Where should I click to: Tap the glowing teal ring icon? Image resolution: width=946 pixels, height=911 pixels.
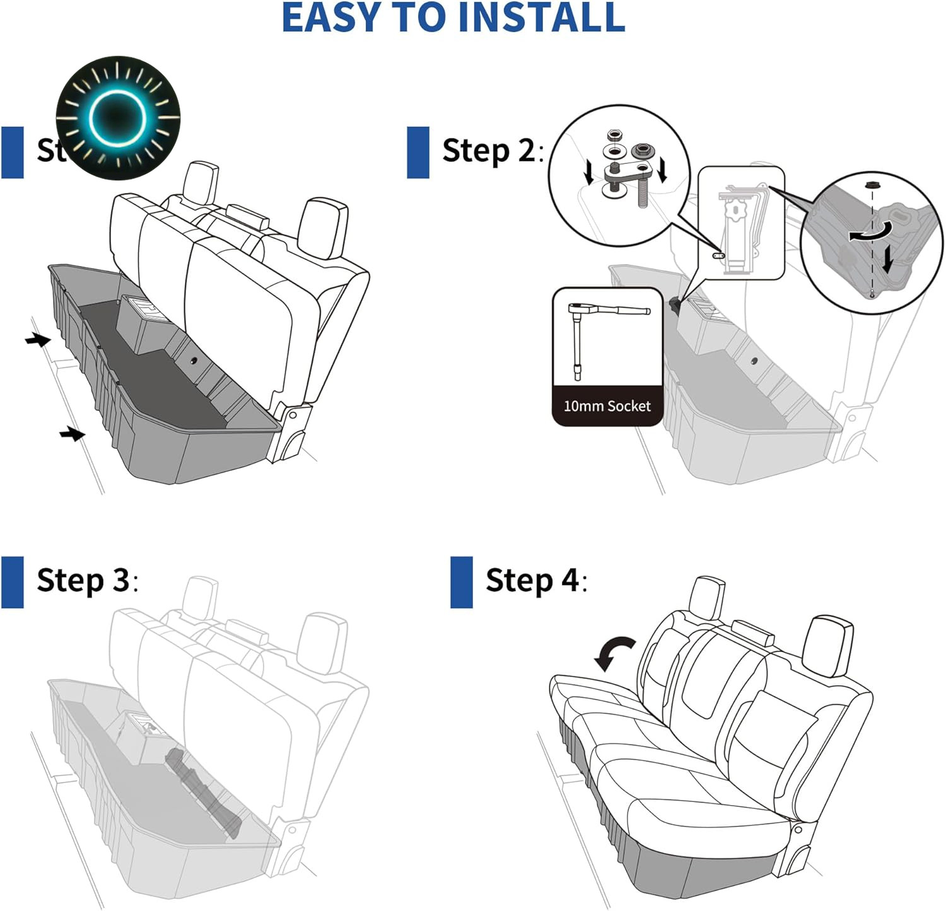coord(118,117)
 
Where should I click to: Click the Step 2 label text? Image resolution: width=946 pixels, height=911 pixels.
coord(492,151)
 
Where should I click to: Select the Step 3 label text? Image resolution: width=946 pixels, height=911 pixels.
coord(86,580)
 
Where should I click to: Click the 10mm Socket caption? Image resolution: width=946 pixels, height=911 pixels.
coord(607,406)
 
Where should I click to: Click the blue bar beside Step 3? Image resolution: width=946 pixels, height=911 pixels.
coord(13,582)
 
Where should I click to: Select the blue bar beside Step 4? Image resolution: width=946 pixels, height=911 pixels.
coord(462,582)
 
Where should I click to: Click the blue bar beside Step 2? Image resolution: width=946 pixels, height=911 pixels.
coord(418,152)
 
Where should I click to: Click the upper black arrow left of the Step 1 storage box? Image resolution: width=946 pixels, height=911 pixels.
coord(38,340)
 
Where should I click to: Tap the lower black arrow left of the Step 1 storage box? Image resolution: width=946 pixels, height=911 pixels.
coord(72,434)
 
